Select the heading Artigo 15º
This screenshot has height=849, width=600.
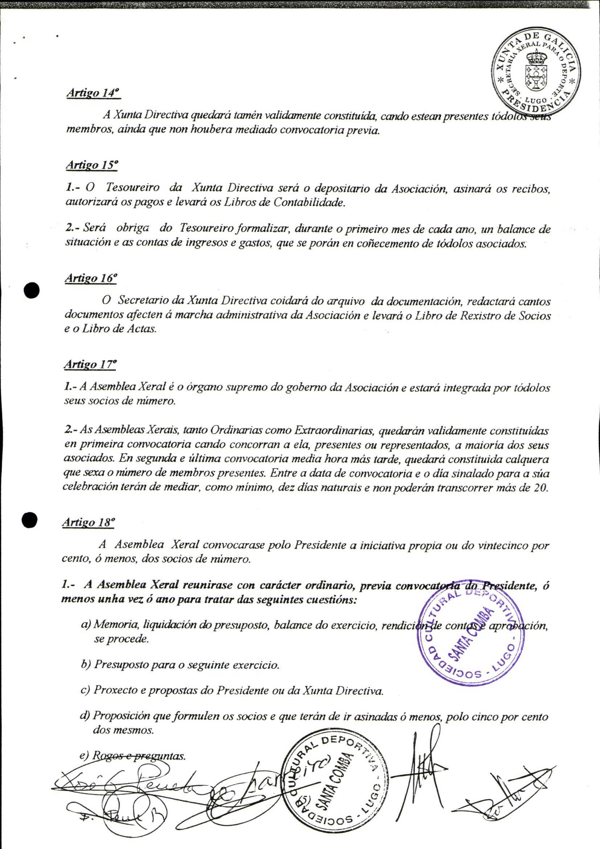(92, 165)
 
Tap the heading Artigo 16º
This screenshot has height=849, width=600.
(91, 278)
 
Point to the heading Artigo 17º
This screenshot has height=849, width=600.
(90, 364)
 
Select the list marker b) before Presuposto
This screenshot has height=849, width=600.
(86, 664)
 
